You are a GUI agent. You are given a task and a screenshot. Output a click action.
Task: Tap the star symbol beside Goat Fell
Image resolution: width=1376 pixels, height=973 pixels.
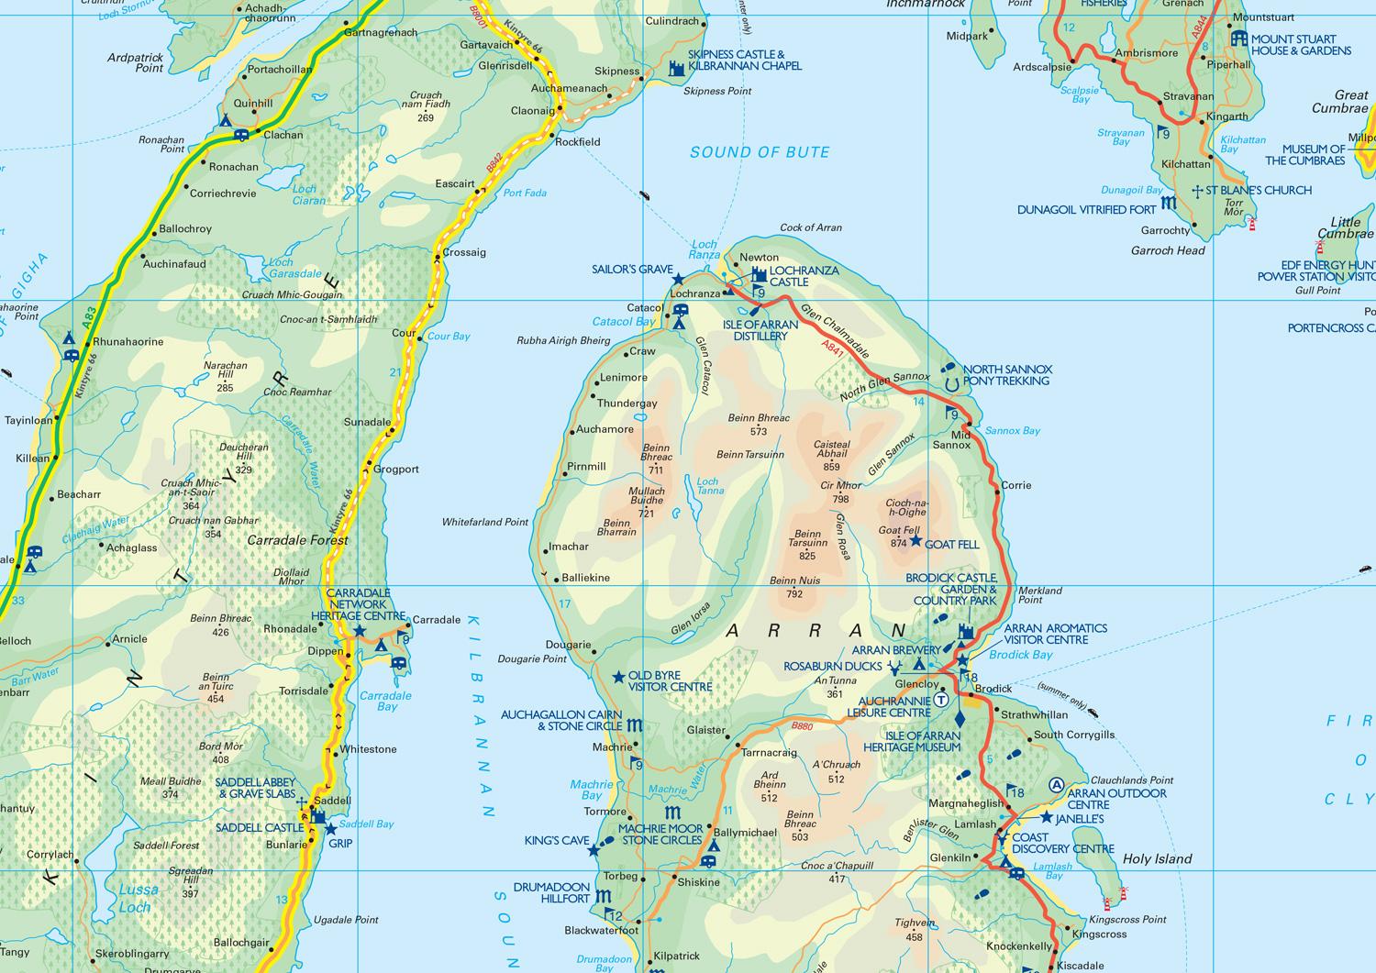click(x=915, y=541)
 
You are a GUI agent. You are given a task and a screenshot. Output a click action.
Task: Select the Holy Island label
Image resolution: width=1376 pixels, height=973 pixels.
click(x=1157, y=858)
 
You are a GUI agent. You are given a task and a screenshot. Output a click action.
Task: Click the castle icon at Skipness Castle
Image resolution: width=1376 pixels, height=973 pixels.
click(x=676, y=67)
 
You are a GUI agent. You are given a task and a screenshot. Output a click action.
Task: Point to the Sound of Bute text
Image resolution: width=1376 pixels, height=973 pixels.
click(x=760, y=152)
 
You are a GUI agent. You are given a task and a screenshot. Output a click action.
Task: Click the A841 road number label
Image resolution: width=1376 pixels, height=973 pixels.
click(x=832, y=348)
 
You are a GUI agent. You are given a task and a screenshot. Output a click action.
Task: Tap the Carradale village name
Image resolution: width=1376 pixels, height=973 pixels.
click(x=436, y=620)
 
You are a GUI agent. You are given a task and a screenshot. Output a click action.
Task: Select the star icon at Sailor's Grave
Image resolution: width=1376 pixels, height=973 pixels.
click(x=678, y=279)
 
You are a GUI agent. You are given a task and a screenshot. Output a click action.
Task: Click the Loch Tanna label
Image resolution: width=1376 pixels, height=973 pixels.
click(x=709, y=486)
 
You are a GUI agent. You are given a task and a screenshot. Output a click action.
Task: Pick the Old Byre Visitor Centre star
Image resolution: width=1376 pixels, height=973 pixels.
click(x=618, y=678)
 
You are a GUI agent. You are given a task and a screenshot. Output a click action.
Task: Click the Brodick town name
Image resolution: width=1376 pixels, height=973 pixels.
click(x=993, y=688)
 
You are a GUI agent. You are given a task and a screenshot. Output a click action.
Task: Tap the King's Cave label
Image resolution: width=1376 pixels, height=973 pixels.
click(x=557, y=840)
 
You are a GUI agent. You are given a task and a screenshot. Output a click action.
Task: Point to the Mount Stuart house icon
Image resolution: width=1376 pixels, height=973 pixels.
click(x=1239, y=39)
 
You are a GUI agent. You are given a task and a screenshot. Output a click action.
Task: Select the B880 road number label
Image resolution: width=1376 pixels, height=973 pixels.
click(x=802, y=726)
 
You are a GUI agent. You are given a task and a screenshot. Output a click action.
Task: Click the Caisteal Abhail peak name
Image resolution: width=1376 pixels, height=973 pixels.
click(x=832, y=449)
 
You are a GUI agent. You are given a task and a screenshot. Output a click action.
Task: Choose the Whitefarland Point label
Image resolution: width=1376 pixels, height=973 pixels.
click(x=485, y=522)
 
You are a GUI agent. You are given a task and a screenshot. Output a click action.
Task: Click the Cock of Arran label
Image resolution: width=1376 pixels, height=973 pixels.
click(x=810, y=227)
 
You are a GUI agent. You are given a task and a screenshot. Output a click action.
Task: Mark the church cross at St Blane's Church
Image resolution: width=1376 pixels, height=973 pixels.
click(x=1196, y=191)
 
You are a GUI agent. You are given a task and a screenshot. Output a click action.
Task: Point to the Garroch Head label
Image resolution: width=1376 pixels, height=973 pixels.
click(x=1168, y=250)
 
